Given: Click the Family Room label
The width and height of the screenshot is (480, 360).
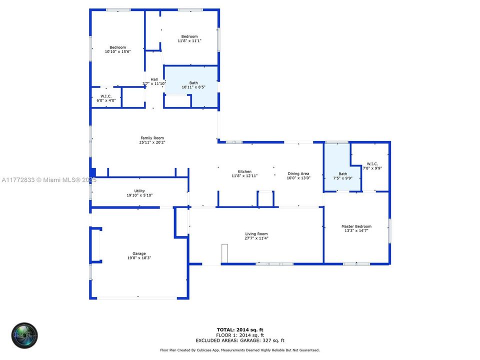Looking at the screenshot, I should point(151,138).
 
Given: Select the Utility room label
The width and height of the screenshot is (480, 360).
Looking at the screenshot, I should point(139,191).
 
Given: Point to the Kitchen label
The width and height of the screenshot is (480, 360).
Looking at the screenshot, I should point(244,171).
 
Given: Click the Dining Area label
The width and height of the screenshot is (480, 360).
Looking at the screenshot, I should point(298,173).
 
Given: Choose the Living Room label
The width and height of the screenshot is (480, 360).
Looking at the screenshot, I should point(256,234).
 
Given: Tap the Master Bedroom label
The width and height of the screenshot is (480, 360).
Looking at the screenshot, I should point(356,226).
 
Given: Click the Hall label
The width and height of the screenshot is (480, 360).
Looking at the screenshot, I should point(154,79).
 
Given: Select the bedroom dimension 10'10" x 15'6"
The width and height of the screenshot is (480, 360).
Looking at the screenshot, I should point(117,51).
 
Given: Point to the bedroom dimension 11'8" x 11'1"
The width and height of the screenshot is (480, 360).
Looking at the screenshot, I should point(189,40).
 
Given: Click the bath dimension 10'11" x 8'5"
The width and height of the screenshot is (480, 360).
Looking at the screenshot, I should point(193,87).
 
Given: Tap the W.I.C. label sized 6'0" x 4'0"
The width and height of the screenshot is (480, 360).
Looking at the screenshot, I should point(106,100).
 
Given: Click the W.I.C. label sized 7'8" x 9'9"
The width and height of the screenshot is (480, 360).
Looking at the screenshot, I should point(372,168).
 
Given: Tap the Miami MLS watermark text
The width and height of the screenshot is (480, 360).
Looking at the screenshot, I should point(49,179).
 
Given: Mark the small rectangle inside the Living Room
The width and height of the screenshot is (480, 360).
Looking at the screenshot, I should point(224,253).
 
